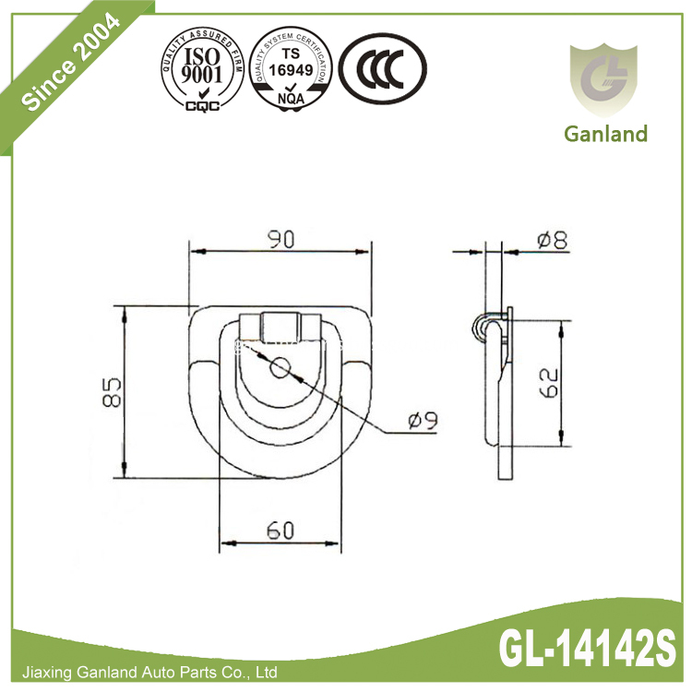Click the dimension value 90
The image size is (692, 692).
coord(280,240)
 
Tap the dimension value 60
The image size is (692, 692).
coord(280,531)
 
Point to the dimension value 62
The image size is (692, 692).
coord(547,383)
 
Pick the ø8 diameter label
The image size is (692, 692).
coord(551,242)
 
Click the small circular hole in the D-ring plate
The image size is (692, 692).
coord(280,367)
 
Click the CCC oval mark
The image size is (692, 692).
coord(382,70)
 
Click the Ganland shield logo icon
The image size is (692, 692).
coord(606,78)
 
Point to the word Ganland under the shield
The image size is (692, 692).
coord(606,134)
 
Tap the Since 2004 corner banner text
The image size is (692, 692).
coord(69,65)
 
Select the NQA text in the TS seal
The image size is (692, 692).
coord(292,95)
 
